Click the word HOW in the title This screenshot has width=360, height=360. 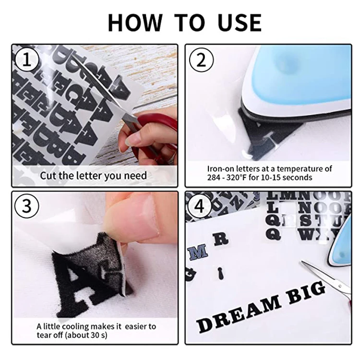135,23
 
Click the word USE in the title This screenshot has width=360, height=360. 240,23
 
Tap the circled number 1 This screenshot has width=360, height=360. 27,60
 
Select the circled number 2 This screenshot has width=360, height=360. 201,60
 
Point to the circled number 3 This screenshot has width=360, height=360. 27,206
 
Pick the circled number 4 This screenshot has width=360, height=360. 200,206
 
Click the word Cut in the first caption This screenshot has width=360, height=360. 48,176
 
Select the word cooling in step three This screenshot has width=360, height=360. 75,327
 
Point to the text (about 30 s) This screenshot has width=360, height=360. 86,335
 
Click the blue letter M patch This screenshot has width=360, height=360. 197,252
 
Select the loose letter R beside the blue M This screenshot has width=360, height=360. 221,240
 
